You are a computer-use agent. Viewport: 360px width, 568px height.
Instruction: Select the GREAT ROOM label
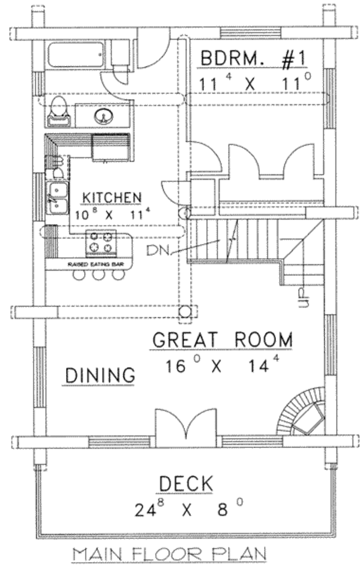222,339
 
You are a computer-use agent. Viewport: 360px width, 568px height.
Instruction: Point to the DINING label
100,375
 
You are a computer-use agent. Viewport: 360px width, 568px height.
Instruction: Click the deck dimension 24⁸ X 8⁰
188,510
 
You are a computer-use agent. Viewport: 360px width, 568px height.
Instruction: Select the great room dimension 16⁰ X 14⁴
217,365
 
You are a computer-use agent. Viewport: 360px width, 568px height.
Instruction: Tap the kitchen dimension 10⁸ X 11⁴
112,212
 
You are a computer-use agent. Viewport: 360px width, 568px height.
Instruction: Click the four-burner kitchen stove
100,243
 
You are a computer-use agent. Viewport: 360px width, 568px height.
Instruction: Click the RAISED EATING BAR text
89,264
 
